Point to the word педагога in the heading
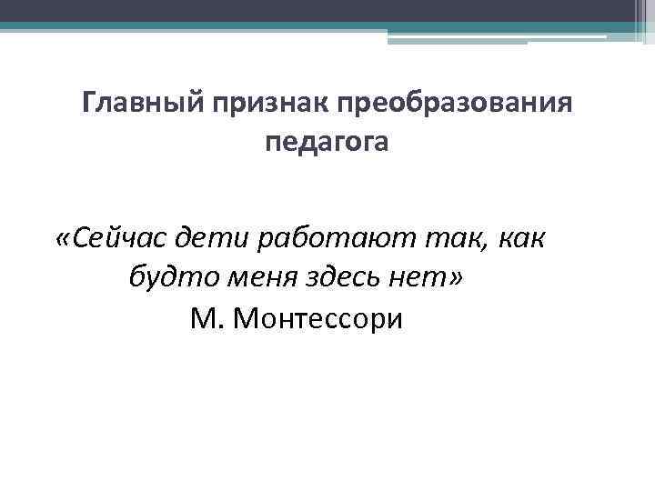click(x=327, y=143)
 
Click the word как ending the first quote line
click(x=521, y=238)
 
